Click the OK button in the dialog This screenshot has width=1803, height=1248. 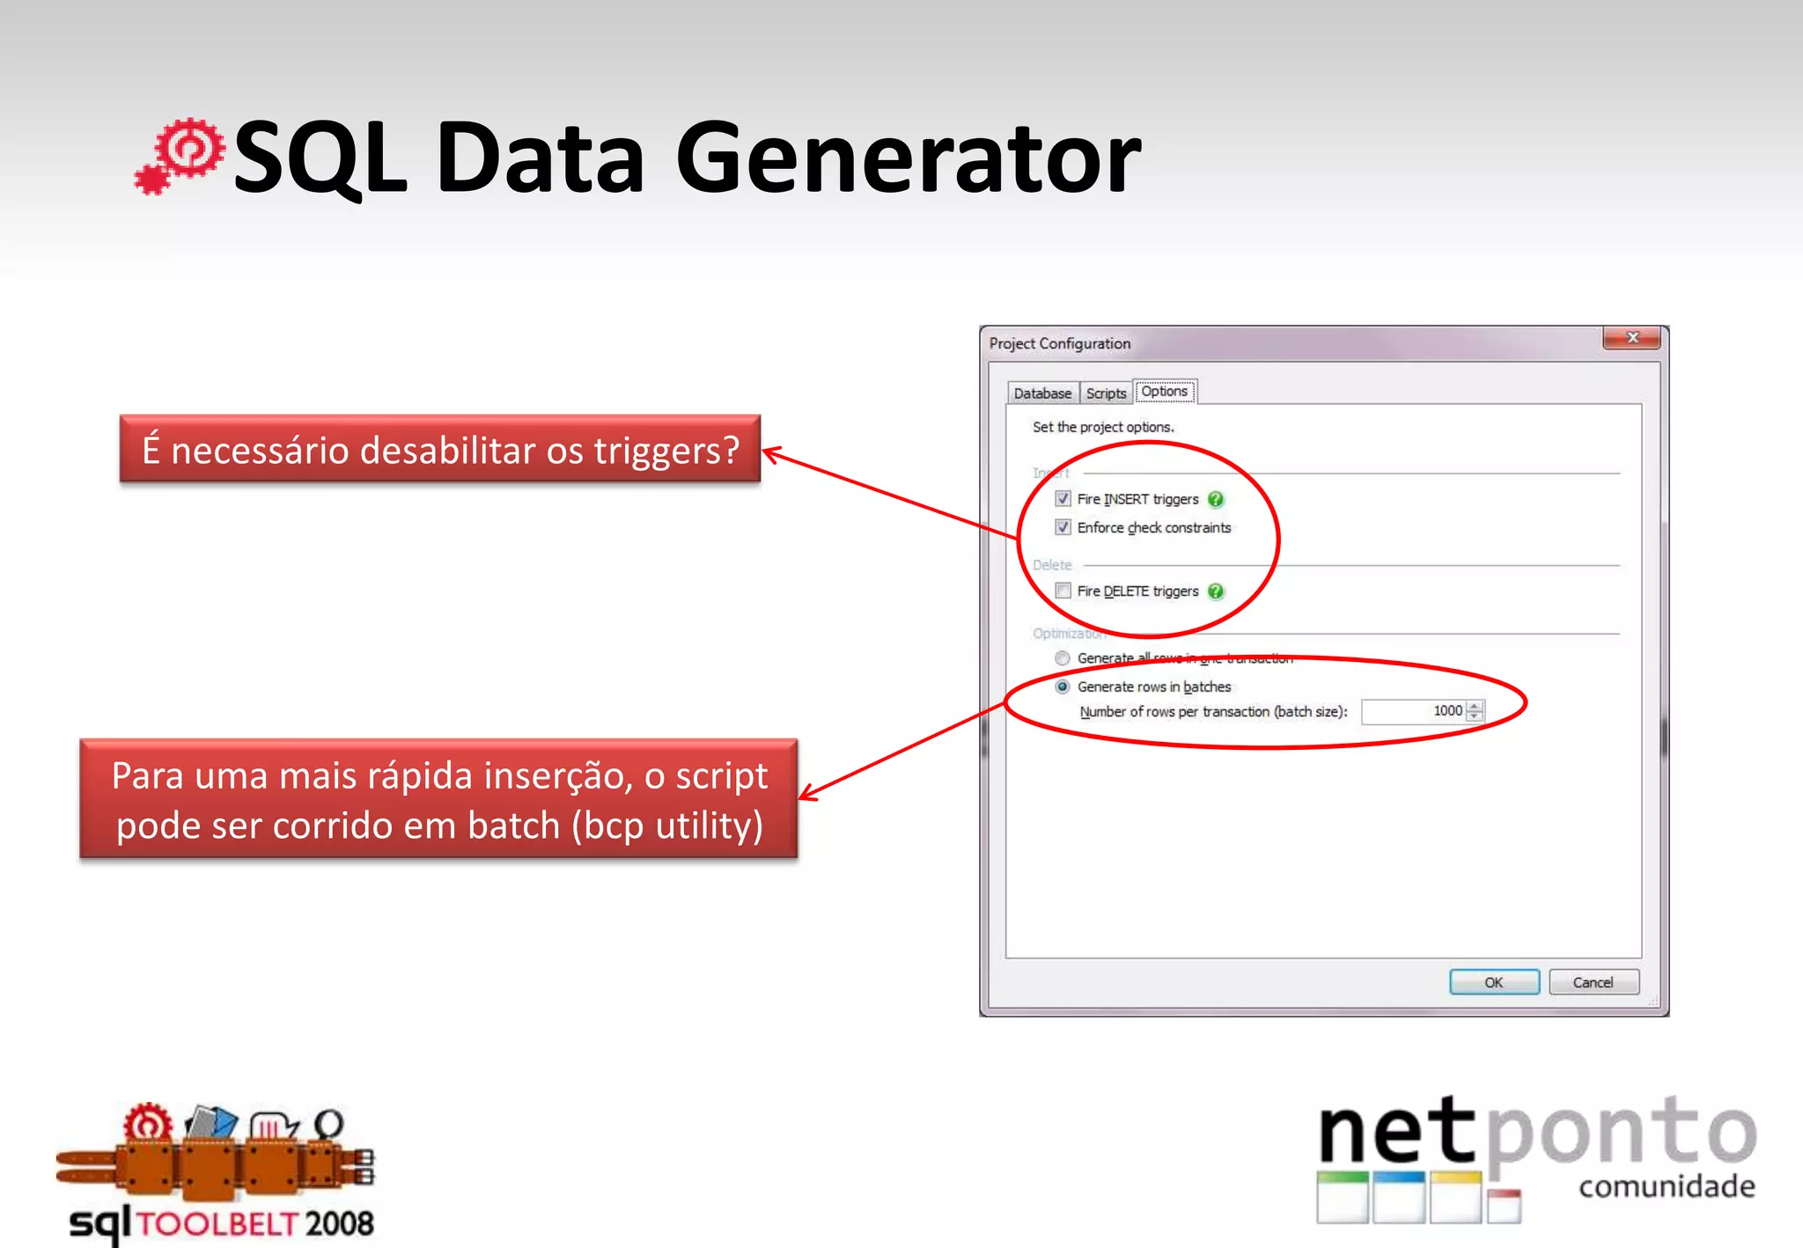click(1493, 982)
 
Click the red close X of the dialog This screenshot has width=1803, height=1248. click(1631, 338)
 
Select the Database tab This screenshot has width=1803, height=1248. click(1042, 393)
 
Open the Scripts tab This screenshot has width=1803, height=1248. click(1106, 393)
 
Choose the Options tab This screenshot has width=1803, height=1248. click(1164, 392)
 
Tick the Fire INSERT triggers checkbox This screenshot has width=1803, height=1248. click(1063, 499)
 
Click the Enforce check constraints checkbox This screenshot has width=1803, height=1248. click(1063, 527)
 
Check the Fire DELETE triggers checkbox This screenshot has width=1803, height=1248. click(1063, 591)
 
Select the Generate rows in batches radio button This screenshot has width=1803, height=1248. click(1063, 686)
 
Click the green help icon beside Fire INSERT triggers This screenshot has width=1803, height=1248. click(1216, 500)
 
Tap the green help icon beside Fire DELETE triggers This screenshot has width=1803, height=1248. click(1216, 591)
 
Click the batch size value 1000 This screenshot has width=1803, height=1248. click(1447, 711)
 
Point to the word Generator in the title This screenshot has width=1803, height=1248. click(908, 159)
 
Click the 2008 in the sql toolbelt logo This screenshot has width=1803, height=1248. click(339, 1223)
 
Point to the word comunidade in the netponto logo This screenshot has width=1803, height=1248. click(1667, 1186)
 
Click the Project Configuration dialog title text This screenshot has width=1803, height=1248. click(1059, 343)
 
